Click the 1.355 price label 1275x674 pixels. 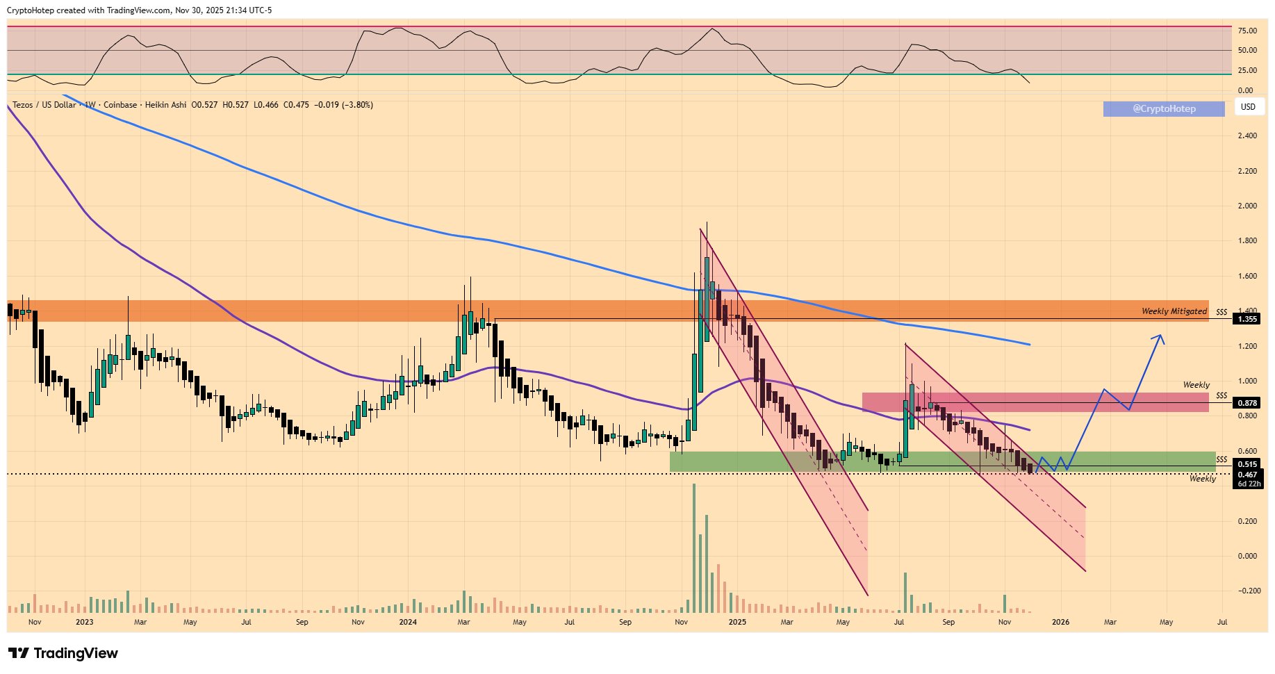tap(1247, 319)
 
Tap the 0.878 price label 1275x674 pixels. tap(1247, 403)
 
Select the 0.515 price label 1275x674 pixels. tap(1247, 464)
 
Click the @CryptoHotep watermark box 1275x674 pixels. tap(1164, 108)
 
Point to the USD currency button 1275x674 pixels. tap(1248, 107)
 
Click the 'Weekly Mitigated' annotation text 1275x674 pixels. tap(1174, 311)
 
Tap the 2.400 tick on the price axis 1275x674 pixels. tap(1247, 135)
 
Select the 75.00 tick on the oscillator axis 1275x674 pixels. tap(1247, 31)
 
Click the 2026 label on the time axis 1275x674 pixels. tap(1060, 622)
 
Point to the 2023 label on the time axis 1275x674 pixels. tap(84, 622)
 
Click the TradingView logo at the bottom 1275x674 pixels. tap(63, 653)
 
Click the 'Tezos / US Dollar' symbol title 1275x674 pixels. tap(44, 105)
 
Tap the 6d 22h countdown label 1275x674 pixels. tap(1249, 484)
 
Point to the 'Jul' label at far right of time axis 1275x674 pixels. tap(1222, 622)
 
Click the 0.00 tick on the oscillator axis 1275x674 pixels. tap(1245, 90)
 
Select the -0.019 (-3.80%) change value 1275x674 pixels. tap(343, 105)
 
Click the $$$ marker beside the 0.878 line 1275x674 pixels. tap(1221, 396)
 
